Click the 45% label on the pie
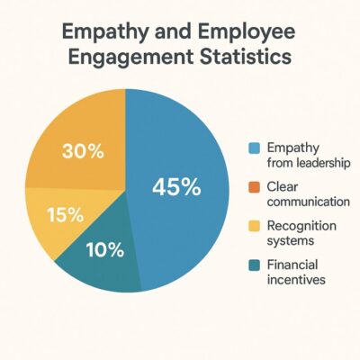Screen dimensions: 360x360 pyautogui.click(x=176, y=187)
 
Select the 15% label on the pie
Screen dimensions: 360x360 pyautogui.click(x=64, y=215)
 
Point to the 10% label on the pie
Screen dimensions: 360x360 pyautogui.click(x=105, y=250)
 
